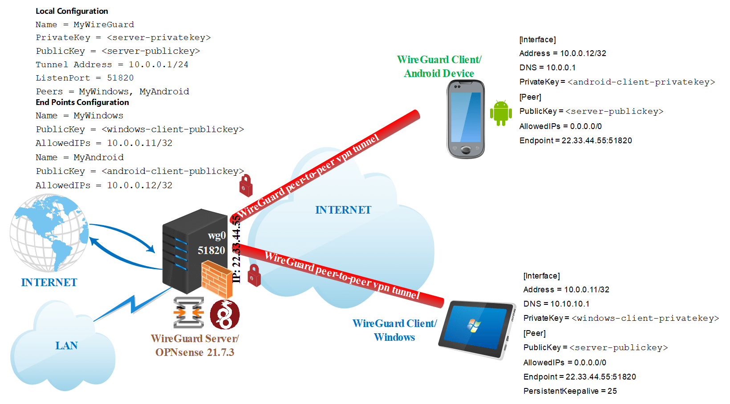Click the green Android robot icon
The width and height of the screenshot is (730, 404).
pos(501,113)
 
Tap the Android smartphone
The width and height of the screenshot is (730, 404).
pos(466,119)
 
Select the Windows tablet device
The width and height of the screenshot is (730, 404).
pos(477,329)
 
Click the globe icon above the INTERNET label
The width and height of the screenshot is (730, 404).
pos(49,233)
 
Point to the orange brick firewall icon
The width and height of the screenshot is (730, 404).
pos(217,279)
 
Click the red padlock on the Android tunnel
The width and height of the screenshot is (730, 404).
pos(246,186)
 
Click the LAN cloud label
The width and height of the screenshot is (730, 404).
pos(66,346)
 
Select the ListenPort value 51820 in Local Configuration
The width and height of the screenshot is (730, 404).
pos(120,78)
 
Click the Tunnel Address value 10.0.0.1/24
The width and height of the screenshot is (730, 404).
pos(158,65)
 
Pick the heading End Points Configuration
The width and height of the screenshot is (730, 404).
pos(82,102)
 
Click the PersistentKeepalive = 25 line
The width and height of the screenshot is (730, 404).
pos(570,391)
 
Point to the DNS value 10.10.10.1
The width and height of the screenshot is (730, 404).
pos(570,304)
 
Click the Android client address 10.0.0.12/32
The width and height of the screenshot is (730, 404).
pos(583,53)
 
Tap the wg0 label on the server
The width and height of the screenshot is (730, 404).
pos(217,235)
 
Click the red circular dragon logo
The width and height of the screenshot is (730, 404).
pos(225,315)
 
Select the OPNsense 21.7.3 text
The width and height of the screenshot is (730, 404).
pos(195,352)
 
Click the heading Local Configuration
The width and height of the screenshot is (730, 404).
pos(72,11)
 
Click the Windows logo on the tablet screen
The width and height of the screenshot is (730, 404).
pos(474,325)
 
